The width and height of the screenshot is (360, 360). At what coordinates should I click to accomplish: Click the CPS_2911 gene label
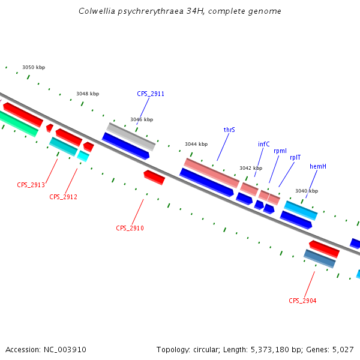[x=151, y=94]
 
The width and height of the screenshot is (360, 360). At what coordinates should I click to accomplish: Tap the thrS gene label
[x=229, y=130]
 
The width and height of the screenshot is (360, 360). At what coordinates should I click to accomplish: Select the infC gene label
[x=264, y=144]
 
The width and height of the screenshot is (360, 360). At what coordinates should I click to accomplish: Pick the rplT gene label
[x=295, y=157]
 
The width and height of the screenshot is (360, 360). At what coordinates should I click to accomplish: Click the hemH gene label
[x=318, y=166]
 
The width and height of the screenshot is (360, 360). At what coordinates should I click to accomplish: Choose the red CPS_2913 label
[x=31, y=185]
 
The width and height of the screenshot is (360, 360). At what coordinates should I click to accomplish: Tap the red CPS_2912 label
[x=63, y=197]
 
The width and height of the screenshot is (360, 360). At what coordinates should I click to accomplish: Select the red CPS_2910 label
[x=130, y=228]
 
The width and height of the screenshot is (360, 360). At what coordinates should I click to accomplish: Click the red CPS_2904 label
[x=302, y=301]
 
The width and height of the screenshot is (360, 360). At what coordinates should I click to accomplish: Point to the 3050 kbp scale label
[x=34, y=68]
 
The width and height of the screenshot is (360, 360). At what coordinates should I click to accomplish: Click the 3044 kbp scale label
[x=196, y=144]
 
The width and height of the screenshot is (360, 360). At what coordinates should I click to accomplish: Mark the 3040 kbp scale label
[x=307, y=191]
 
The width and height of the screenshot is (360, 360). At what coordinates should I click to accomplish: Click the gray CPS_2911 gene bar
[x=131, y=136]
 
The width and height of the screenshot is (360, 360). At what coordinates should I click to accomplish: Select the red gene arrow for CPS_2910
[x=154, y=177]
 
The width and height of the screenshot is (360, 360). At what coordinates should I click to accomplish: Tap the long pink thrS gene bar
[x=211, y=172]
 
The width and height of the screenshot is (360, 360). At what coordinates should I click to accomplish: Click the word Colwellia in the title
[x=96, y=11]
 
